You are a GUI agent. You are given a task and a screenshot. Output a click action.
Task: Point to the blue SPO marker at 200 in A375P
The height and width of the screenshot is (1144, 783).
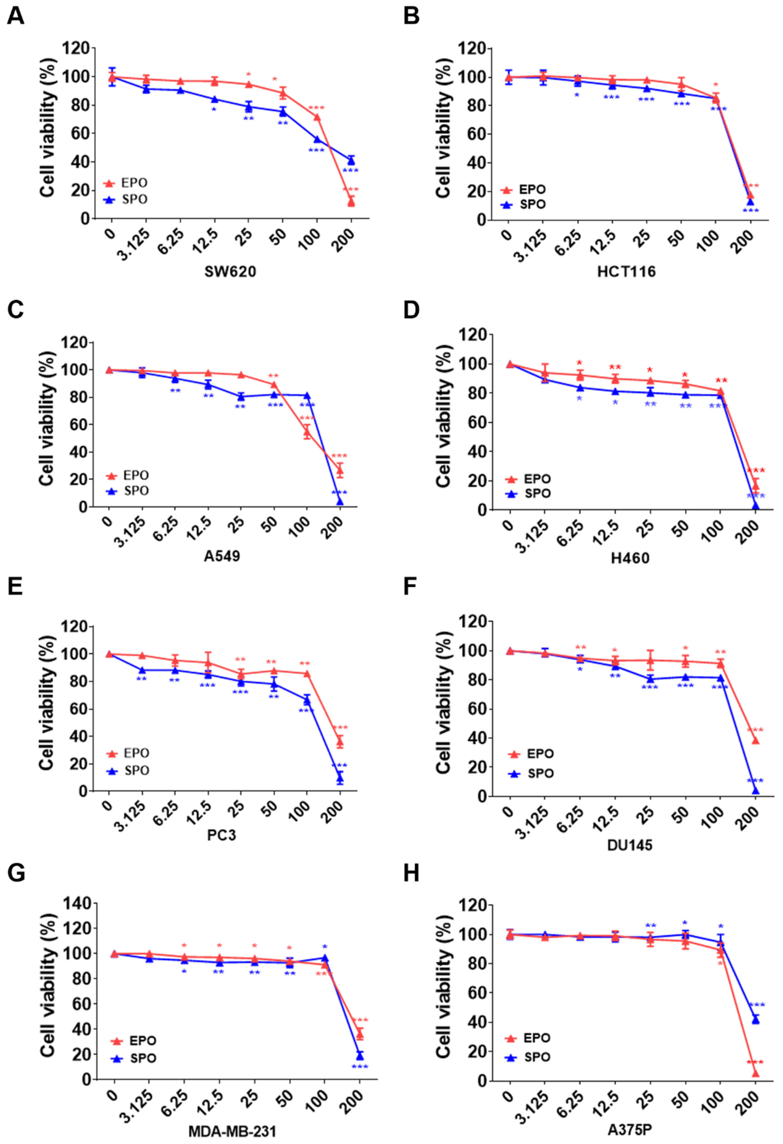755,1019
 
